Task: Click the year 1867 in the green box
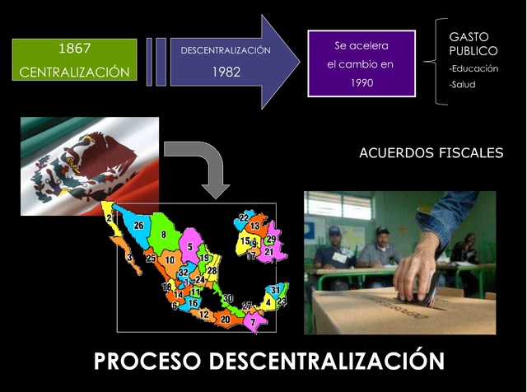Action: click(74, 46)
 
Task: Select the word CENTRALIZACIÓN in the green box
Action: click(74, 72)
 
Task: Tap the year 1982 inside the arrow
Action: click(226, 72)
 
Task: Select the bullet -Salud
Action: click(462, 84)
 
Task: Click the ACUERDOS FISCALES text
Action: click(431, 153)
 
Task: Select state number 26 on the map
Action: click(138, 226)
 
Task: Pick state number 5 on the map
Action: click(190, 246)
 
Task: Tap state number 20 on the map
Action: click(225, 319)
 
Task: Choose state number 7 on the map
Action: click(254, 322)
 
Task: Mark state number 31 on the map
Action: click(275, 290)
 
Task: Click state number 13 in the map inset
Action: click(255, 226)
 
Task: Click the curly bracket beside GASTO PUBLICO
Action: click(434, 63)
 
